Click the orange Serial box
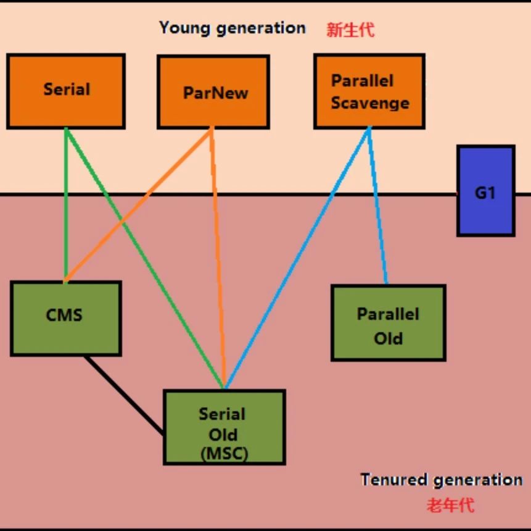coord(66,91)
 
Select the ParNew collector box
coord(213,92)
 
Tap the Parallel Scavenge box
coord(369,91)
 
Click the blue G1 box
coord(485,191)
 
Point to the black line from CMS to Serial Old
coord(124,395)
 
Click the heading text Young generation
coord(233,28)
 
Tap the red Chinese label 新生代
coord(350,30)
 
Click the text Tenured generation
coord(441,480)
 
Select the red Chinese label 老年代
coord(450,504)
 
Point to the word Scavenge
coord(370,102)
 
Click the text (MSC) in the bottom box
coord(224,454)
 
